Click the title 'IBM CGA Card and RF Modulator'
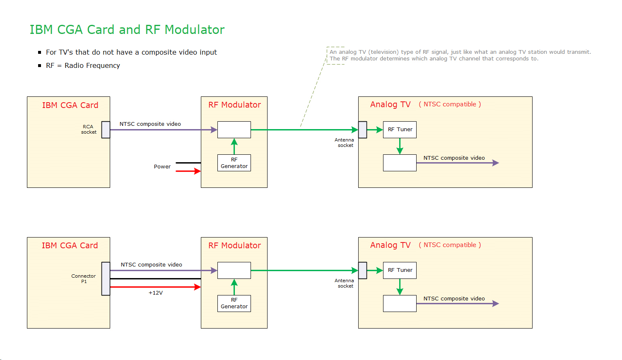pos(127,30)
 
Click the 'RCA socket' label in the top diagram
pos(88,130)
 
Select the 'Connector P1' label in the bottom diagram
pos(83,278)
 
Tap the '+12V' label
pos(156,293)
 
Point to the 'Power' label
pos(162,167)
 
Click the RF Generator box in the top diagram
pos(234,163)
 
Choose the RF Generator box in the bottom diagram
pos(234,303)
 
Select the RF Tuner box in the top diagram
pos(400,130)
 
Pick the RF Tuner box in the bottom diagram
pos(400,270)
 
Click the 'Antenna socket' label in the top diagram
pos(345,143)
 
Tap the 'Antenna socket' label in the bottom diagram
pos(345,283)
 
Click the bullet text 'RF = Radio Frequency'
pos(83,65)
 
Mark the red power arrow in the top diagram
pos(188,171)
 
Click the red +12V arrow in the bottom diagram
pos(155,287)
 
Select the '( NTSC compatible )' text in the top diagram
pos(450,104)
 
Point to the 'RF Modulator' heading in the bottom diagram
pos(234,245)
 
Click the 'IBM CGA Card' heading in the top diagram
pos(70,105)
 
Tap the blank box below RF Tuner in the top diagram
pos(400,163)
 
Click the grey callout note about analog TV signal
pos(460,55)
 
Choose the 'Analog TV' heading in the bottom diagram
pos(390,245)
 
